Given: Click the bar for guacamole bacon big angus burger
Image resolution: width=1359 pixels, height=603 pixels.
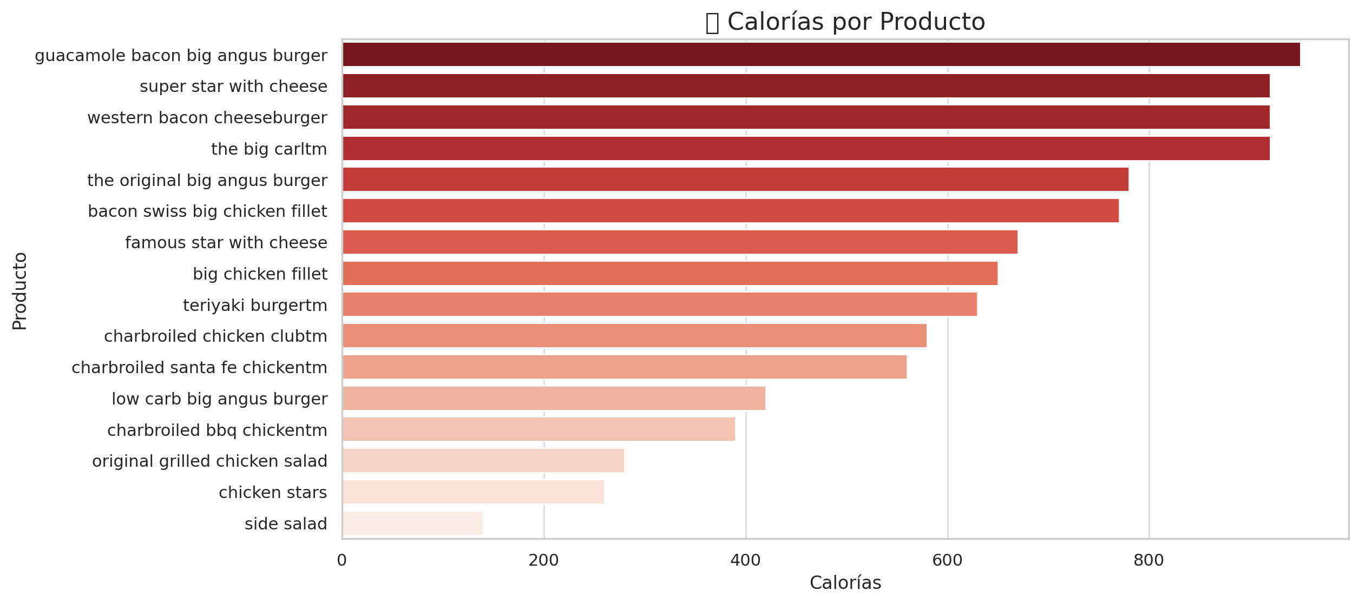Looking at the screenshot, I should coord(821,55).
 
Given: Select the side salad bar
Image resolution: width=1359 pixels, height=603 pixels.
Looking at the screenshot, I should coord(412,524).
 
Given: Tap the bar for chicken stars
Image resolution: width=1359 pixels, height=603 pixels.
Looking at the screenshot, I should coord(473,492).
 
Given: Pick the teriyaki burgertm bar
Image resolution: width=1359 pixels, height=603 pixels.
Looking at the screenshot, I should coord(660,304).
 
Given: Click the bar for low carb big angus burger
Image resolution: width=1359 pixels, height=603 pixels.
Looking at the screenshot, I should coord(554,399).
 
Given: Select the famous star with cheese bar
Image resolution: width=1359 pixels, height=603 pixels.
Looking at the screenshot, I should coord(680,242).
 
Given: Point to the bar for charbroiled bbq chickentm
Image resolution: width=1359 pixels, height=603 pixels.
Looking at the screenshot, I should coord(539,429).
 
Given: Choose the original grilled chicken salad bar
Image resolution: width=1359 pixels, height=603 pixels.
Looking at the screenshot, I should coord(483,461).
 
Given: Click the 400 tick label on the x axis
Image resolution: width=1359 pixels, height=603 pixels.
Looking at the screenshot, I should coord(745,561).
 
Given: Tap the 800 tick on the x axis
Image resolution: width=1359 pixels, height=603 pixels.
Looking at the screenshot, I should coord(1148,561).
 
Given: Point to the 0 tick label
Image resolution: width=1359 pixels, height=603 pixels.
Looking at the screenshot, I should coord(342,561).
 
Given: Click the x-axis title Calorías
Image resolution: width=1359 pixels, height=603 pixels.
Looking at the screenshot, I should coord(845,583).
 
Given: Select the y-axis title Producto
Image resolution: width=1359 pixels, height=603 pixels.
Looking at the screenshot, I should coord(20,291).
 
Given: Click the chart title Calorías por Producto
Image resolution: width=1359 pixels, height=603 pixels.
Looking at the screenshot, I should coord(856,23).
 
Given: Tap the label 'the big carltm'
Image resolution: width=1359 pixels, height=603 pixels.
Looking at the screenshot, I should coord(269,149).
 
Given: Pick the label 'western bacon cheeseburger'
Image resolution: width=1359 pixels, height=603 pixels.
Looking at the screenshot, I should coord(207,118).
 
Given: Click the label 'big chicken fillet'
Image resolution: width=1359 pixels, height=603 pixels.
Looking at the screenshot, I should coord(260,274).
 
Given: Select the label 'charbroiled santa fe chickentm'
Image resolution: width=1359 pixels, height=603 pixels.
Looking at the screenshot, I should coord(199,368).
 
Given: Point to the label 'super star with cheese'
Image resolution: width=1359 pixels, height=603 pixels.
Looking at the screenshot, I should coord(233,87).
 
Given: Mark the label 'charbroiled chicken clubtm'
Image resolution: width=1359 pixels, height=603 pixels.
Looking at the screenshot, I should coord(215,336).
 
